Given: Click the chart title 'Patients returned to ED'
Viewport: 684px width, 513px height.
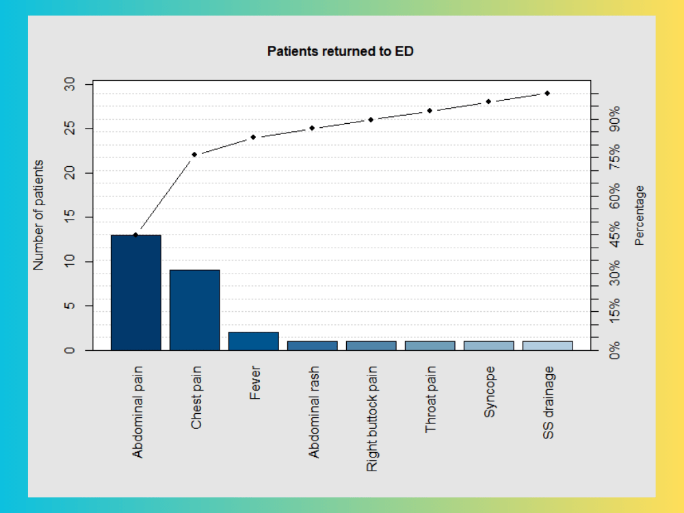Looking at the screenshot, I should coord(340,51).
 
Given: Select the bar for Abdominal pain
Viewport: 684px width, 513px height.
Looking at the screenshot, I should coord(135,293).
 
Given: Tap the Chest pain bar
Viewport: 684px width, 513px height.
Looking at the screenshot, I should coord(194,310).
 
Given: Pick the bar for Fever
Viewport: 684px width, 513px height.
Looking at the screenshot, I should coord(253,341).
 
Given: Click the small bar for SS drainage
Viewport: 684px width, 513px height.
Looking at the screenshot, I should coord(547,345).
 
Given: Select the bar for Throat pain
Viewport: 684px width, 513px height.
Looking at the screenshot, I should coord(430,345).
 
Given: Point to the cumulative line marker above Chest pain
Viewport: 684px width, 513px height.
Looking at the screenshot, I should coord(194,155).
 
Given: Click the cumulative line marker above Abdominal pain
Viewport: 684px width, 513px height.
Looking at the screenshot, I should coord(135,235).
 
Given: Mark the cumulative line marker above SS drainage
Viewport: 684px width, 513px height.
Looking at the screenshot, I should coord(547,93).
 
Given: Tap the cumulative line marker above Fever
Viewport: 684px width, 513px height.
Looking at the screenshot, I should coord(253,137).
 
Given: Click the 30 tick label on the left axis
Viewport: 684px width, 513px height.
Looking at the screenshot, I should coord(70,84).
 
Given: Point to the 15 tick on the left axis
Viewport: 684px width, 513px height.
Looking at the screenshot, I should coord(70,218).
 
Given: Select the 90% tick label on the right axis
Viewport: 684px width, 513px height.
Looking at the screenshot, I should coord(615,118).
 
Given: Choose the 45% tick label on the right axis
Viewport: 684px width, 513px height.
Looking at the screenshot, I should coord(615,233).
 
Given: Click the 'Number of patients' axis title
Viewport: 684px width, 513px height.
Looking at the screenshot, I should coord(39,215).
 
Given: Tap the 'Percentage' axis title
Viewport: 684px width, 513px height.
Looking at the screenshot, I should coord(640,215).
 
